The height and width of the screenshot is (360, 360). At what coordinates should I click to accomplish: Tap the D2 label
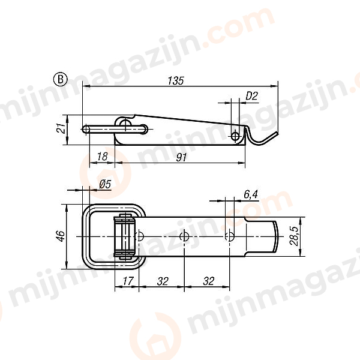[251, 95]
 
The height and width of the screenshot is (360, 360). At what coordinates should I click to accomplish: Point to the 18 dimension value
[101, 157]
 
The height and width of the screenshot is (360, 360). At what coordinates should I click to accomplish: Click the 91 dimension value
[182, 157]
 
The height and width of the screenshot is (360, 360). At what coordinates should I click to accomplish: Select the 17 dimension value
[127, 280]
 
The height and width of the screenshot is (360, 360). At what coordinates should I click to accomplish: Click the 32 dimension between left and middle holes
[162, 280]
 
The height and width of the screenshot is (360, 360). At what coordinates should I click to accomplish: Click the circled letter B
[60, 79]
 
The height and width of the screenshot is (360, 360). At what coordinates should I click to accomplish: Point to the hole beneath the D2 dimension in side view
[235, 137]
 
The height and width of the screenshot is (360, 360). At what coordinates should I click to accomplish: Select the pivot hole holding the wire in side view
[125, 124]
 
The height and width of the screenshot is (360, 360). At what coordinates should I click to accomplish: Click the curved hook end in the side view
[264, 139]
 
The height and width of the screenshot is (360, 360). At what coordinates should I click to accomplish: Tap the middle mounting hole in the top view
[185, 236]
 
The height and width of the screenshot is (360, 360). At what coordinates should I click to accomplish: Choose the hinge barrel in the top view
[125, 236]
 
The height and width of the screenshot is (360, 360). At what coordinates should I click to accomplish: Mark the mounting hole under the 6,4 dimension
[228, 236]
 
